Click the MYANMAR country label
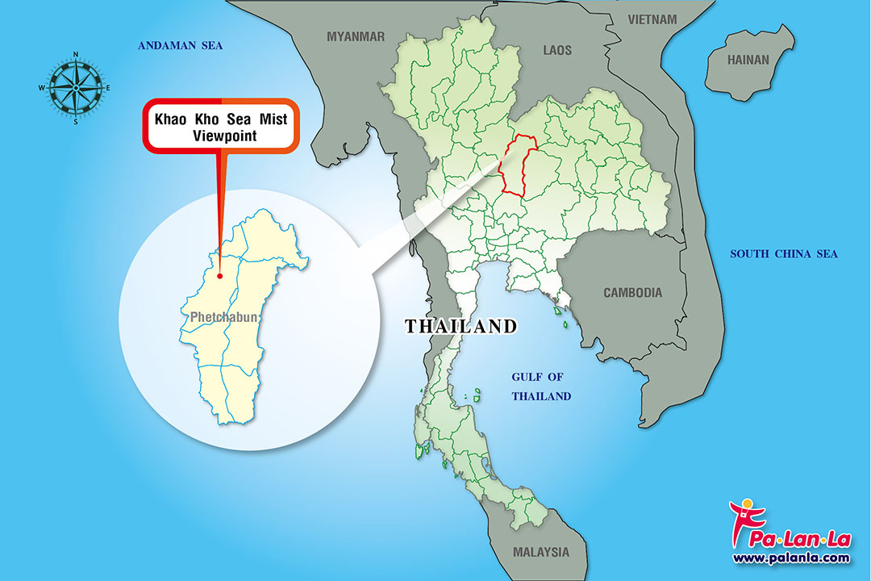click(x=356, y=36)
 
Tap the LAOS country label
click(x=556, y=50)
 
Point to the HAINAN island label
click(x=748, y=60)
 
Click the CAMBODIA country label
click(x=632, y=293)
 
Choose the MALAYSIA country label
click(x=540, y=553)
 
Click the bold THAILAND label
click(x=461, y=327)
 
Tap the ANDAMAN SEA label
click(x=180, y=46)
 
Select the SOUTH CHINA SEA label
click(x=784, y=254)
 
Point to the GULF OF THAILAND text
click(x=541, y=387)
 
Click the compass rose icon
click(x=75, y=88)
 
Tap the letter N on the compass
click(x=75, y=55)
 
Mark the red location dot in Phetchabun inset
click(x=219, y=276)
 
